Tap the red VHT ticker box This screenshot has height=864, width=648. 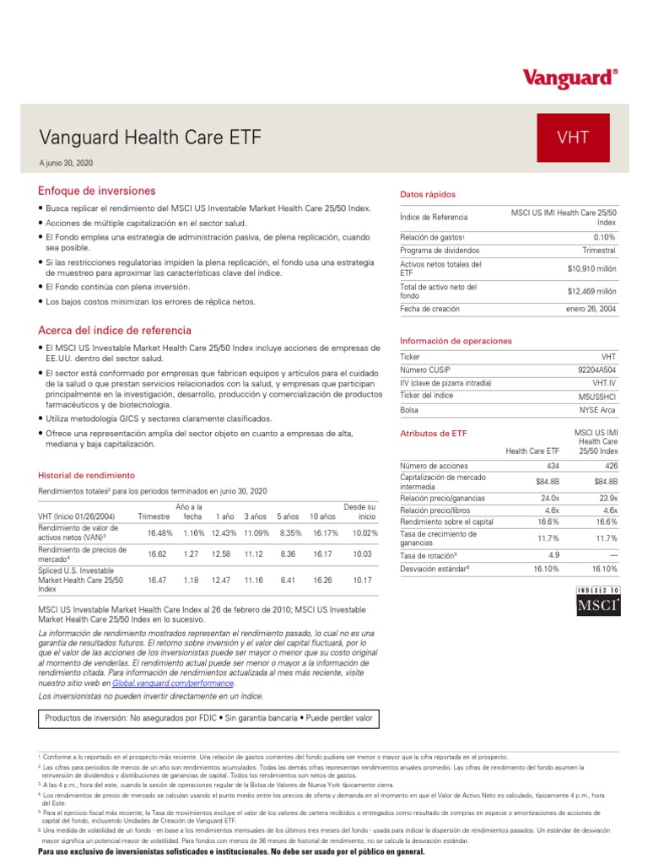tap(573, 137)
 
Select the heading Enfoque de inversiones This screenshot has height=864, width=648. tap(96, 191)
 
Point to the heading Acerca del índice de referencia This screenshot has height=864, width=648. tap(115, 330)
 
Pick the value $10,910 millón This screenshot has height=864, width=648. tap(591, 269)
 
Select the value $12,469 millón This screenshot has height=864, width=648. tap(591, 291)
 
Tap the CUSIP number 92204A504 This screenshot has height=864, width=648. tap(597, 370)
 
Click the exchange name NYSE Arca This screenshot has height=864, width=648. tap(596, 410)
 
